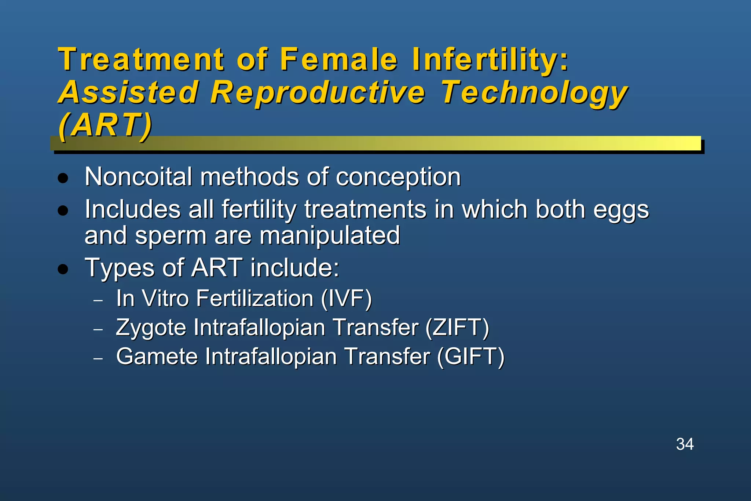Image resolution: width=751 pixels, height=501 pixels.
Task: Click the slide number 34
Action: pyautogui.click(x=685, y=444)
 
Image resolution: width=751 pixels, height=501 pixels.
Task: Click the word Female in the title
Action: pyautogui.click(x=339, y=59)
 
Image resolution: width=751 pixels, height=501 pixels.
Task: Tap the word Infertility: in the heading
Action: pyautogui.click(x=490, y=60)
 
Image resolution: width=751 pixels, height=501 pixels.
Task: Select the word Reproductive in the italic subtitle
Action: pyautogui.click(x=318, y=92)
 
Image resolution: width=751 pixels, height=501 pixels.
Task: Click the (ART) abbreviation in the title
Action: pyautogui.click(x=105, y=125)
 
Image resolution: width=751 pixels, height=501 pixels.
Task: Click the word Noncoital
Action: pyautogui.click(x=138, y=177)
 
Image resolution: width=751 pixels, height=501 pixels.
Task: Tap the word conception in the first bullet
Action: pyautogui.click(x=398, y=178)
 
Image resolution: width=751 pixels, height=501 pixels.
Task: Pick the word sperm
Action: pyautogui.click(x=171, y=236)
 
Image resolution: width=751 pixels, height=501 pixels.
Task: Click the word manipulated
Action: pyautogui.click(x=330, y=235)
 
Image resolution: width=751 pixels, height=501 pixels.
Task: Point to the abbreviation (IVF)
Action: pyautogui.click(x=347, y=298)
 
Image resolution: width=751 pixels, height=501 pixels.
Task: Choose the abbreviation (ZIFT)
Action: pyautogui.click(x=457, y=327)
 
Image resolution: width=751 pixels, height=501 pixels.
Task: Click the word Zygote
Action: pyautogui.click(x=151, y=328)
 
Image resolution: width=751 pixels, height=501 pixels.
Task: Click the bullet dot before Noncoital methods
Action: pyautogui.click(x=63, y=178)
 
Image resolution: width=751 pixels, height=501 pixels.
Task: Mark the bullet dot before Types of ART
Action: pyautogui.click(x=63, y=269)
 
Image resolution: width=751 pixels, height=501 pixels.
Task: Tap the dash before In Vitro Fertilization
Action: pyautogui.click(x=98, y=300)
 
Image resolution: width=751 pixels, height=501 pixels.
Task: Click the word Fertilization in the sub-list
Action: pyautogui.click(x=254, y=298)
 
